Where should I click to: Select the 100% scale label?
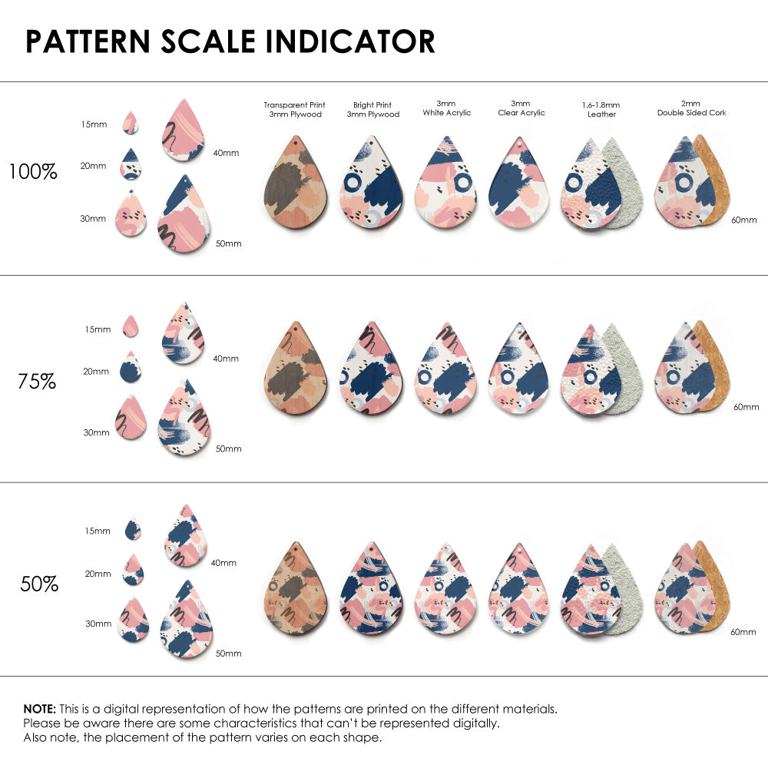[33, 172]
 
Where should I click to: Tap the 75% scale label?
[37, 381]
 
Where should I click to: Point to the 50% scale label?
[39, 584]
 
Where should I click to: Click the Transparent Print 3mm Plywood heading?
[294, 109]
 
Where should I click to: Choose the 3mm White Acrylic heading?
[446, 108]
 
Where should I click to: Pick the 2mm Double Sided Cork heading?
[691, 108]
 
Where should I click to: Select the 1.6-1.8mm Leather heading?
[601, 109]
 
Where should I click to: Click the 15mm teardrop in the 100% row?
[131, 124]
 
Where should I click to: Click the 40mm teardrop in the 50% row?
[186, 537]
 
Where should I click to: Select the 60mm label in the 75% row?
[746, 406]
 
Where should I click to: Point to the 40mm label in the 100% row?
[226, 153]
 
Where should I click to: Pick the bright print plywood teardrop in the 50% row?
[370, 591]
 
